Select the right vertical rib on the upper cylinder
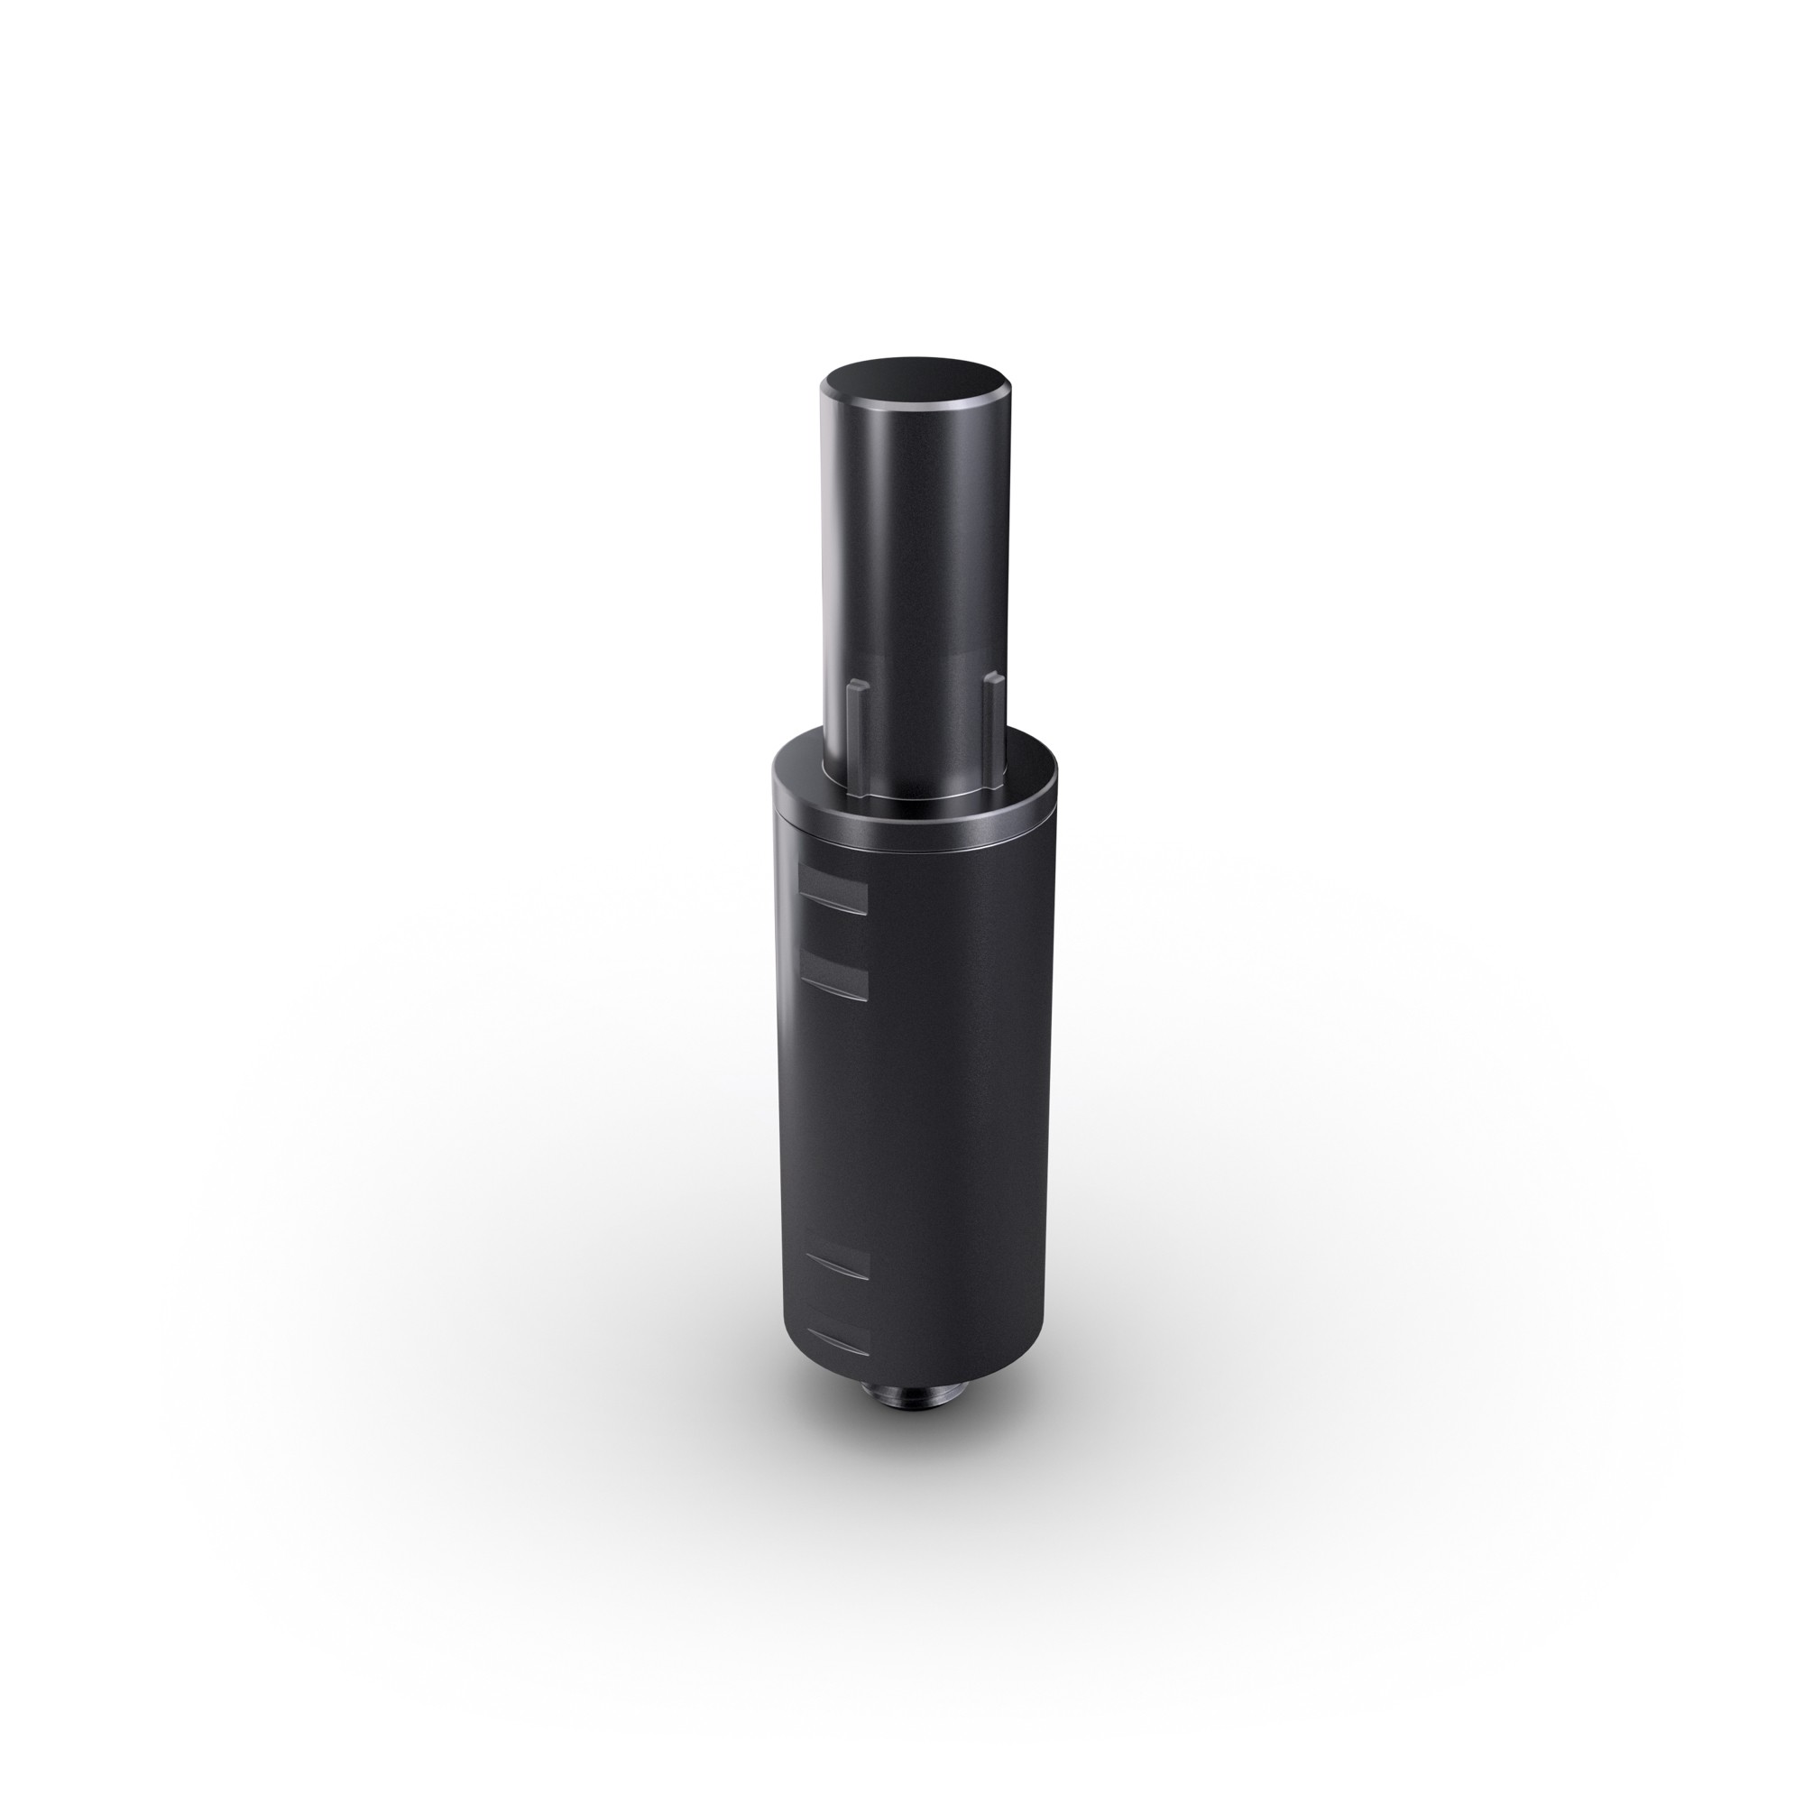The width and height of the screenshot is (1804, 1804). pos(992,719)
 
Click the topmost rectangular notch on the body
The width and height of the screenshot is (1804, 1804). pos(833,888)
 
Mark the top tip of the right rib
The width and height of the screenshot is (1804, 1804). pos(992,680)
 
